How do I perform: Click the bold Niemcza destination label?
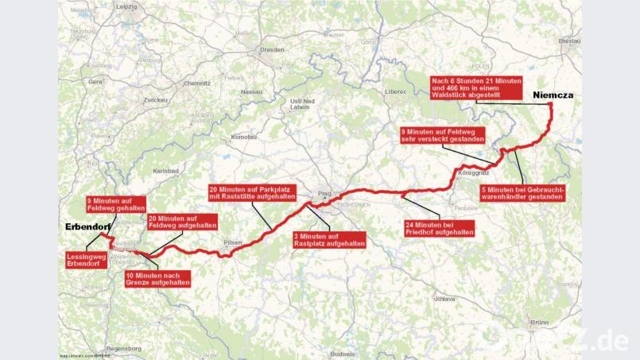[553, 95]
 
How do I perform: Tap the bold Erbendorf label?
[87, 227]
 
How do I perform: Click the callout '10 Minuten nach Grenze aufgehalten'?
[157, 278]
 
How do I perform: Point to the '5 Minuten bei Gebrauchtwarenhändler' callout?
[522, 192]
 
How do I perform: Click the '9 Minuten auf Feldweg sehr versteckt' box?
[442, 135]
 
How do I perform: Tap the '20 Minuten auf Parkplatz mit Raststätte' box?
[252, 192]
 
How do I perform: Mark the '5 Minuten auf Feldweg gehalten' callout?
[116, 203]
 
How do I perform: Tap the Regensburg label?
[128, 348]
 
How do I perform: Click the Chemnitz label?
[196, 82]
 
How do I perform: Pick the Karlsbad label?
[166, 171]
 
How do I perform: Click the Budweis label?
[343, 353]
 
